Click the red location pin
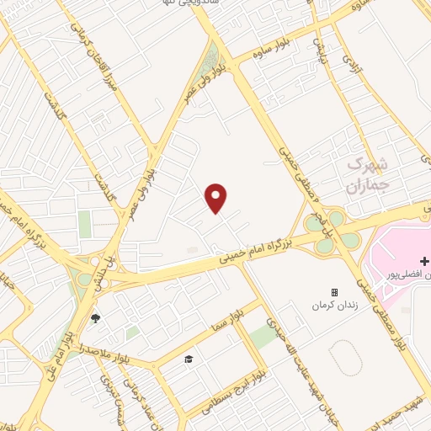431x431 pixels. coord(216,198)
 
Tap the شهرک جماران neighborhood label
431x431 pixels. coord(369,172)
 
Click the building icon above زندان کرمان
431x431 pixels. coord(335,292)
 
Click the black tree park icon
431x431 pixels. coord(94,318)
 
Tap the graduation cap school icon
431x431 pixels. coord(189,359)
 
